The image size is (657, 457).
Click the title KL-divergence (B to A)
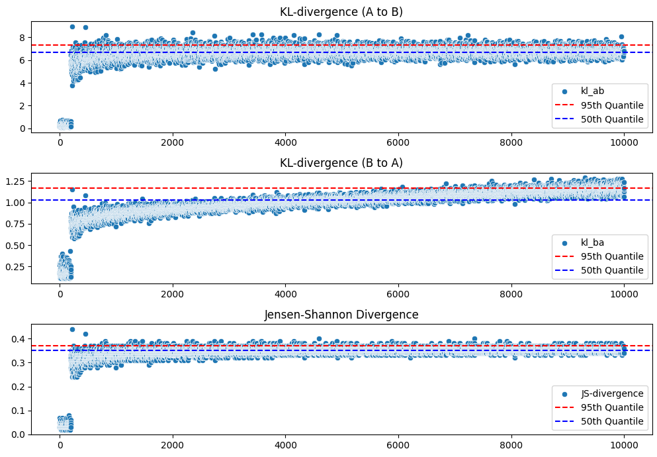point(341,162)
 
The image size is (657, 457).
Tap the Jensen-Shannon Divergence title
point(341,315)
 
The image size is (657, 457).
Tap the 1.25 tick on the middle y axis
point(16,181)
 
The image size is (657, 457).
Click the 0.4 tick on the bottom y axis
point(20,339)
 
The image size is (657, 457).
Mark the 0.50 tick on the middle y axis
point(16,245)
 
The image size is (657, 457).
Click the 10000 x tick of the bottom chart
point(624,446)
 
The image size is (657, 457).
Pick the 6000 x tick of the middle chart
point(398,294)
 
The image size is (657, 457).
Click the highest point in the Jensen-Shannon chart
point(72,329)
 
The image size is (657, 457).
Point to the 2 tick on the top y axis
point(22,106)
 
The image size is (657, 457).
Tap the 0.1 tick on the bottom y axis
point(20,411)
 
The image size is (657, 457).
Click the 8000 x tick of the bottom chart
point(511,446)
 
